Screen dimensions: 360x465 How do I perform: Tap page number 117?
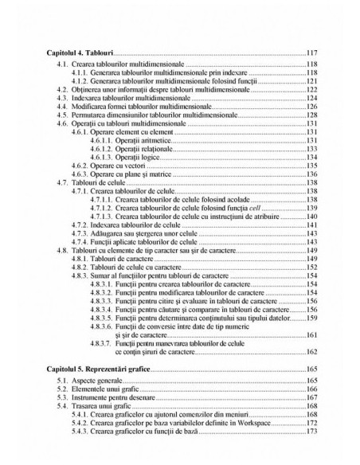coord(312,53)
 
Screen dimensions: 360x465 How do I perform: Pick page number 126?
coord(312,106)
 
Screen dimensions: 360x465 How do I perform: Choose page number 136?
coord(312,174)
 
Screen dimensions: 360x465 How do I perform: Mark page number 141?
coord(312,225)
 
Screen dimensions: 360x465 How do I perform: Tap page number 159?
coord(312,318)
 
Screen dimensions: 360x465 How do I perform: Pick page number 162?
coord(312,351)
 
